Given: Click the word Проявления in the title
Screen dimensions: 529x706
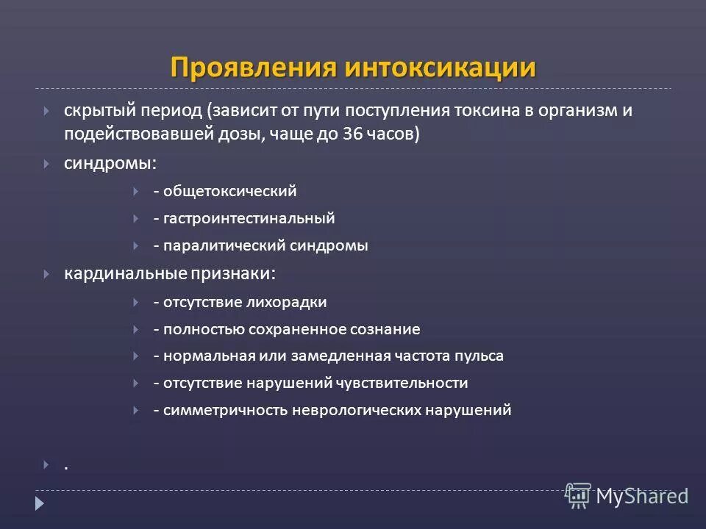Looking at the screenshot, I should coord(253,67).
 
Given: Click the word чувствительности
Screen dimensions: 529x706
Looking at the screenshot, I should coord(402,383).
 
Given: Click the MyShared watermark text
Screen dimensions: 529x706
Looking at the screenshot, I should coord(642,495).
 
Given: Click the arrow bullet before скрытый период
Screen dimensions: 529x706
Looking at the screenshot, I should coord(46,111).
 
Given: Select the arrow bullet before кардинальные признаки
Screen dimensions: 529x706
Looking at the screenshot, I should coord(46,273).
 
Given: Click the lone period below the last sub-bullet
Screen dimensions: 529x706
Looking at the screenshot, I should coord(65,467).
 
